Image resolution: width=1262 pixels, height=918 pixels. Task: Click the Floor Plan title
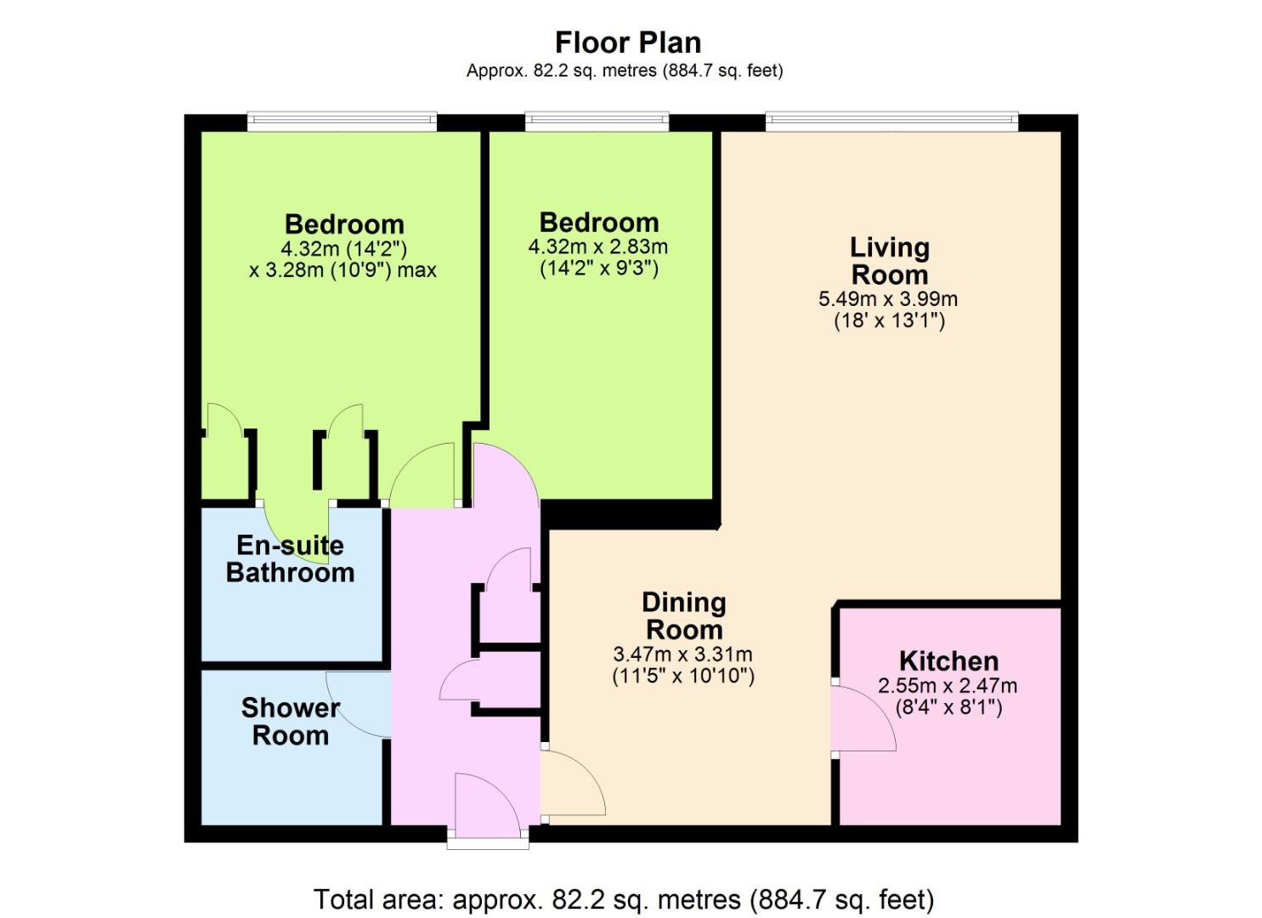[628, 42]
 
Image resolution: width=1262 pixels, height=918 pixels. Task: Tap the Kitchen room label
[948, 661]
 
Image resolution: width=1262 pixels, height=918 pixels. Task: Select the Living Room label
[890, 261]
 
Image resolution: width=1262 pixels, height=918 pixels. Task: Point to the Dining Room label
[684, 616]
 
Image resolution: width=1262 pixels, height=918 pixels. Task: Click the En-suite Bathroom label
[290, 559]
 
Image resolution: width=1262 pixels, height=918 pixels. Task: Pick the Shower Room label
[290, 722]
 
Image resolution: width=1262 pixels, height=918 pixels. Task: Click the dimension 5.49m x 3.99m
[888, 298]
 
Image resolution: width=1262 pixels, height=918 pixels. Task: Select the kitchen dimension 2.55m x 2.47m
[948, 686]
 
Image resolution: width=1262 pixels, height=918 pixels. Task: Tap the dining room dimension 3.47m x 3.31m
[682, 654]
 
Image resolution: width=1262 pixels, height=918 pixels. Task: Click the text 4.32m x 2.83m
[598, 246]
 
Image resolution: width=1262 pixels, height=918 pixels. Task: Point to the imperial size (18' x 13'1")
[889, 320]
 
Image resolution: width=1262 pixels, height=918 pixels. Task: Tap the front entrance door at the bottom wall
[488, 806]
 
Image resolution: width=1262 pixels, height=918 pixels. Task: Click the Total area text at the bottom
[624, 899]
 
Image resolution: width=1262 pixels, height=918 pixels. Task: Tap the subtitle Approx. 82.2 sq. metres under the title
[625, 71]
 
